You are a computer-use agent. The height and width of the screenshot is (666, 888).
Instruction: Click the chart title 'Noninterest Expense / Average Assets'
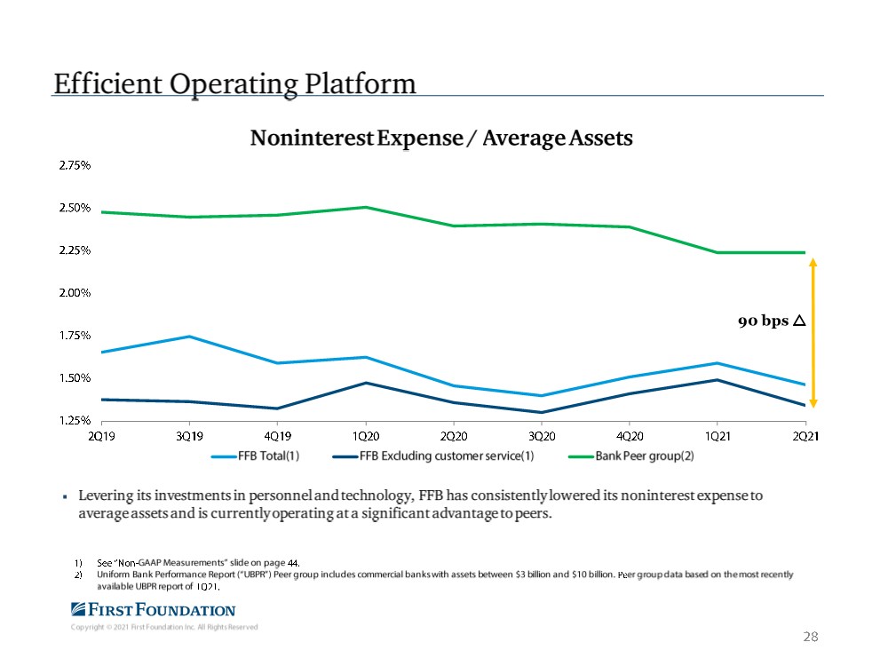(441, 139)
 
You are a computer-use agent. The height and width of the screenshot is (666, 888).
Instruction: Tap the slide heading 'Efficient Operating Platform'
(234, 83)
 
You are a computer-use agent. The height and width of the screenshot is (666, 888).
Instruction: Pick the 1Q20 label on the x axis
(366, 436)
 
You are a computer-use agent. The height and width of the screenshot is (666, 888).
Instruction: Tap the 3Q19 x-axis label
(191, 436)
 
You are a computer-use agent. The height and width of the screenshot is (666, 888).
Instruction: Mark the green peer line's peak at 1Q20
(366, 207)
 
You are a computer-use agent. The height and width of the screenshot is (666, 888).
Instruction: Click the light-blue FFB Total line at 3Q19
(191, 337)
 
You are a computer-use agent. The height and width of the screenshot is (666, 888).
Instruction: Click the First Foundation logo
(153, 609)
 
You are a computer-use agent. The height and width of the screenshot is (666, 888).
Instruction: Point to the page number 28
(809, 637)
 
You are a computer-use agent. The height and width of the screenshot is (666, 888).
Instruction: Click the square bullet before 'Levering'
(67, 496)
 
